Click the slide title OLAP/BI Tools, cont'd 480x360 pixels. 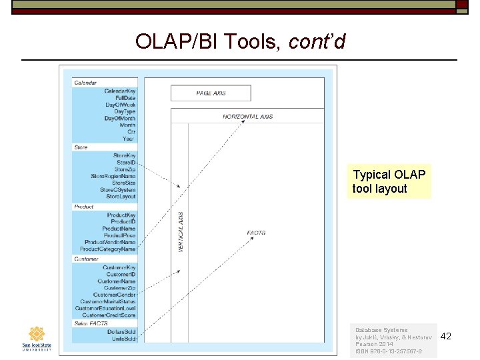240,42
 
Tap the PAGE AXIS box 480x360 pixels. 211,93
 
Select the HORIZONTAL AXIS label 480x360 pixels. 248,117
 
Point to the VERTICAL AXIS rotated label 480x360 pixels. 180,232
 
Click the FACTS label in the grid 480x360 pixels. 256,233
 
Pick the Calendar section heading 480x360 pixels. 85,83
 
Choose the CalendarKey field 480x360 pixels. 120,91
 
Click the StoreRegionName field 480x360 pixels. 113,176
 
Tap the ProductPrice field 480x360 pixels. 119,235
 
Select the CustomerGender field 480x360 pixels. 114,295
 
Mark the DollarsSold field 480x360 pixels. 121,331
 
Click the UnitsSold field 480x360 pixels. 123,339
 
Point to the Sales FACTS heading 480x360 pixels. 91,323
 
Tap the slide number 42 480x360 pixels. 446,336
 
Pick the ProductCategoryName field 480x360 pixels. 107,249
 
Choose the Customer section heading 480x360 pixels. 86,259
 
